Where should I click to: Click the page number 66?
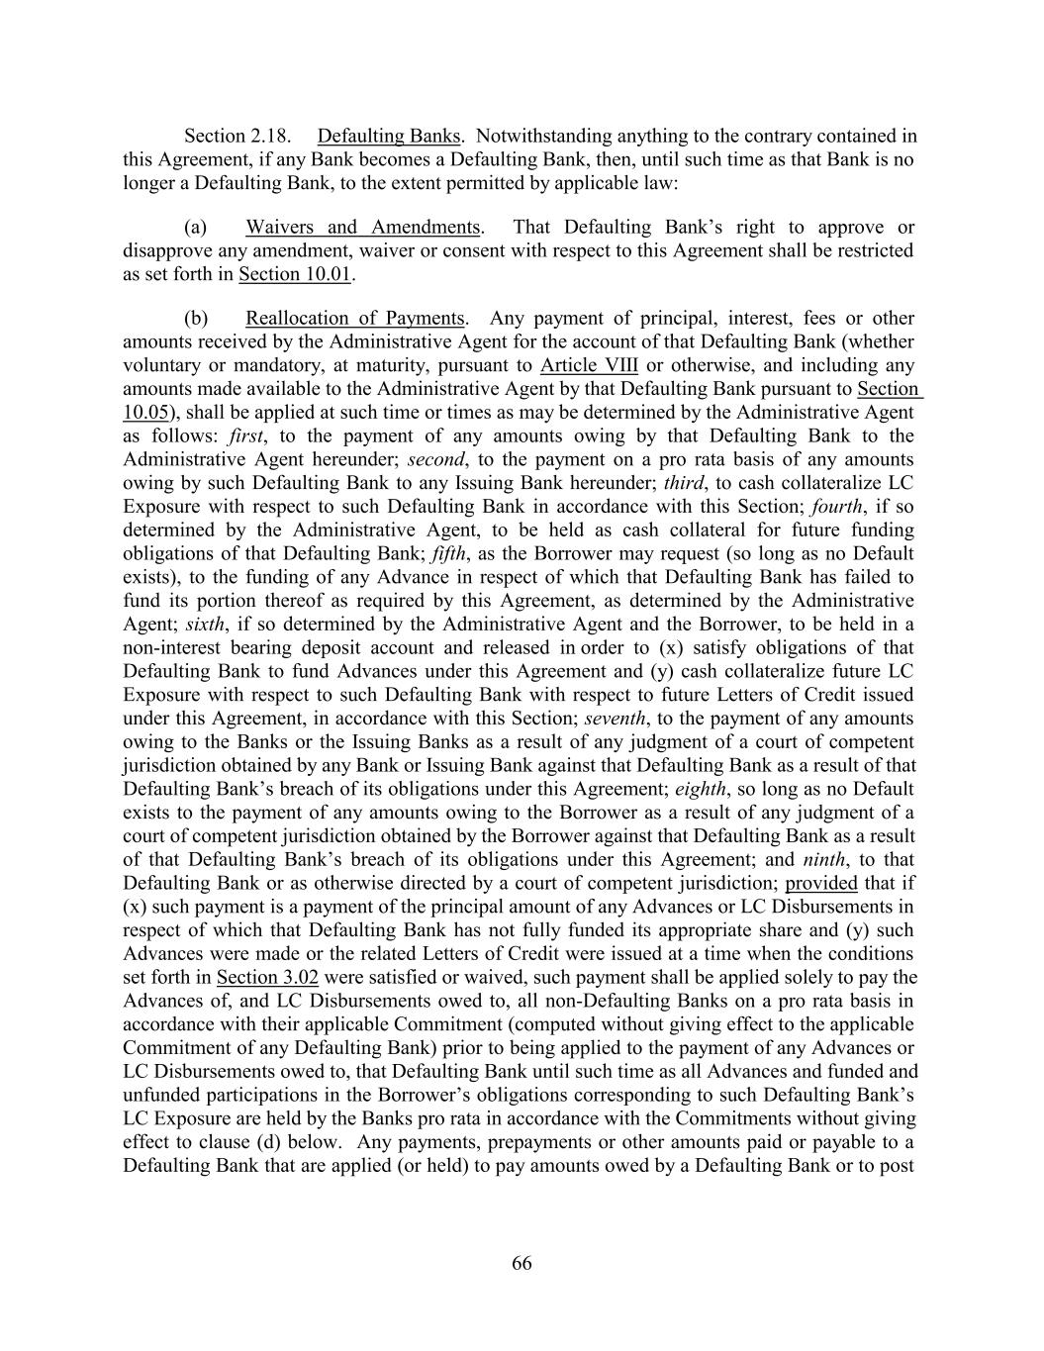522,1263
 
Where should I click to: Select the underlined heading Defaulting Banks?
389,137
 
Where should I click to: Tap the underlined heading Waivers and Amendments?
363,228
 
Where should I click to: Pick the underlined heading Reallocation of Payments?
354,319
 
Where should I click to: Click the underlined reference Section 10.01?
295,275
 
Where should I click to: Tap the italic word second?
435,460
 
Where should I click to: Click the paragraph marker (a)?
196,228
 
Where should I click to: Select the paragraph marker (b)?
196,319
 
